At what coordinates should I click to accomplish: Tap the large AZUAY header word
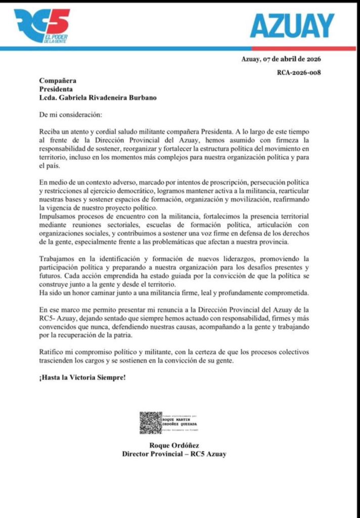click(x=292, y=25)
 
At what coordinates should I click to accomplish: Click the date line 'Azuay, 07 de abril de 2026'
click(x=281, y=59)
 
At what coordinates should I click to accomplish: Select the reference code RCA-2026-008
click(x=298, y=72)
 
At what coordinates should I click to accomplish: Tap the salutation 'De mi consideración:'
click(x=69, y=114)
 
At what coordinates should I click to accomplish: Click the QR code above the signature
click(x=150, y=422)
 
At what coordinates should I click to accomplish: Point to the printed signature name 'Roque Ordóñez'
click(x=174, y=445)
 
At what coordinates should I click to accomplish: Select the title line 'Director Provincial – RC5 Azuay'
click(x=174, y=454)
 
